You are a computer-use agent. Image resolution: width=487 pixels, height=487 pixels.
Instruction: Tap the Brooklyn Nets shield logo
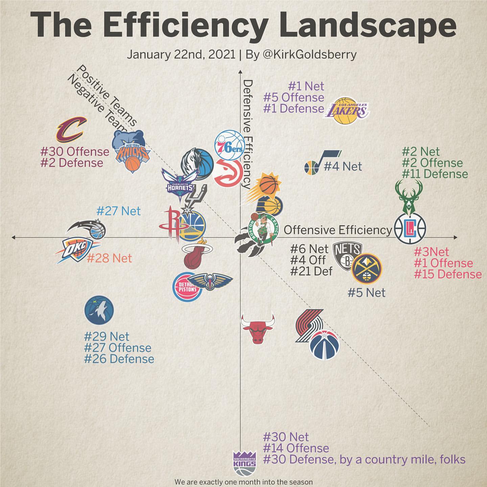(x=347, y=256)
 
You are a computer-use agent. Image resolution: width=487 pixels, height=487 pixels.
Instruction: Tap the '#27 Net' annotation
(x=118, y=211)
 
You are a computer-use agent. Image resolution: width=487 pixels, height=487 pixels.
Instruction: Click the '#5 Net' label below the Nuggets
(x=367, y=293)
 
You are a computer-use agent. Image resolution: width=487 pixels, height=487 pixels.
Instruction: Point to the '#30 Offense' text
(x=75, y=151)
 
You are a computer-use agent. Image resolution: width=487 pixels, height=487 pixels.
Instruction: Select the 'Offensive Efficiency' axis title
(x=338, y=230)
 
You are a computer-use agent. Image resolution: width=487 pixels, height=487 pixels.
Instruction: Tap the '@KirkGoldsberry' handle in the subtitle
(x=309, y=54)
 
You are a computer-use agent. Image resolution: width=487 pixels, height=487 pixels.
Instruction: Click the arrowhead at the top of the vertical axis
(x=240, y=72)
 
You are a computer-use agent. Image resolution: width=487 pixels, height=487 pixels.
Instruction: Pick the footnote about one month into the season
(x=243, y=482)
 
